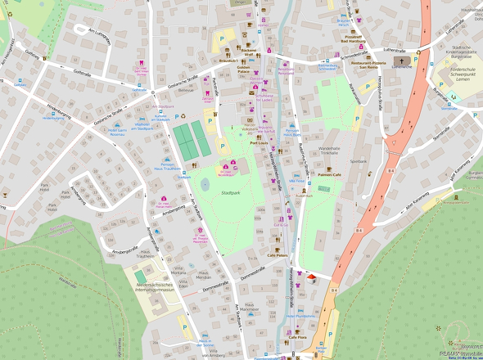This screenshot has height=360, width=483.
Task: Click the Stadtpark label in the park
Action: point(230,192)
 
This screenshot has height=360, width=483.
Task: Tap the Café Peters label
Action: point(278,255)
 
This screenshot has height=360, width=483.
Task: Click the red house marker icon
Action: point(311,278)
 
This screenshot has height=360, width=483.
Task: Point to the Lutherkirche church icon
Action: point(402,61)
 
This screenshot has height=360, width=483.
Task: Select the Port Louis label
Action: point(259,142)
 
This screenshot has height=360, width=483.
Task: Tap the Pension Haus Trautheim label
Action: point(166,166)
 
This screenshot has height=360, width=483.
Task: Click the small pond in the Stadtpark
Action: point(204,186)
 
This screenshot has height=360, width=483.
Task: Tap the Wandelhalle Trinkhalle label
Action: point(327,150)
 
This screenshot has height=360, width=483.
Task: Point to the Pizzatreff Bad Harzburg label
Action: point(354,38)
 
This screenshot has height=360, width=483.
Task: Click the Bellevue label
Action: point(186,90)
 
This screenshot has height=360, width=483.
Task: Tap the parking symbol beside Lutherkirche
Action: point(416,60)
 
